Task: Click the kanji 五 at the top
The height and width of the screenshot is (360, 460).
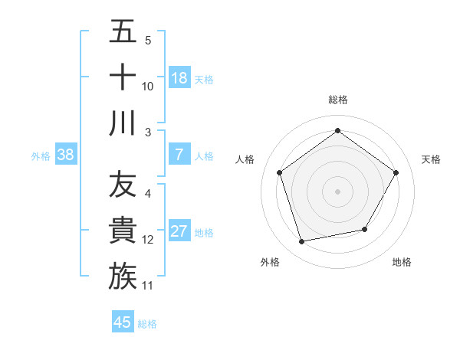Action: click(x=123, y=33)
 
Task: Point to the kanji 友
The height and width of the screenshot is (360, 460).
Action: click(x=123, y=186)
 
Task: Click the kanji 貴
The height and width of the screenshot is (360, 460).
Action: click(x=123, y=231)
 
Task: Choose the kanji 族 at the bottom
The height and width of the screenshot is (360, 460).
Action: click(x=123, y=277)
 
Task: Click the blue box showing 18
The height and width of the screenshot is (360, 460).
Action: click(x=179, y=77)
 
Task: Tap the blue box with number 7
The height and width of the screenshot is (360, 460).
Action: click(x=179, y=155)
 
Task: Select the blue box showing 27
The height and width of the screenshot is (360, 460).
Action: click(x=179, y=231)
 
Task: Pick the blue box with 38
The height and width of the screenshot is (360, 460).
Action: click(x=66, y=155)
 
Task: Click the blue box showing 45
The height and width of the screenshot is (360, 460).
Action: click(x=123, y=322)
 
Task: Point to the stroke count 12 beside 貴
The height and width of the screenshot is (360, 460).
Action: click(x=148, y=240)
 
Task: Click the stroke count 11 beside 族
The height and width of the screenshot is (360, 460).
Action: click(x=148, y=286)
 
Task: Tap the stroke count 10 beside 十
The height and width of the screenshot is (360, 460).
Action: click(x=148, y=87)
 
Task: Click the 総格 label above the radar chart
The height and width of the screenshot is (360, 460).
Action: click(x=338, y=100)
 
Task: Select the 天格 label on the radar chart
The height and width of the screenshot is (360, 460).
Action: click(x=431, y=159)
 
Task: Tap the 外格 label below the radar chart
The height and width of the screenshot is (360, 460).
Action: click(x=269, y=262)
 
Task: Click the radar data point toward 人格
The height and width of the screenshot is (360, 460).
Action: click(x=279, y=172)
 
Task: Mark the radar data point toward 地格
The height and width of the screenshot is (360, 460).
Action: click(x=365, y=229)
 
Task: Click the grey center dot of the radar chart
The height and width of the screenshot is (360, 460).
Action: click(x=338, y=191)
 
